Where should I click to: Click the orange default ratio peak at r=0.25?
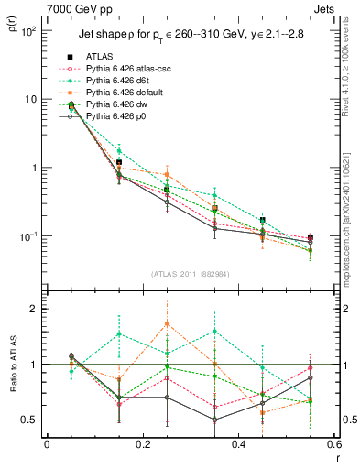(x=167, y=322)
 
